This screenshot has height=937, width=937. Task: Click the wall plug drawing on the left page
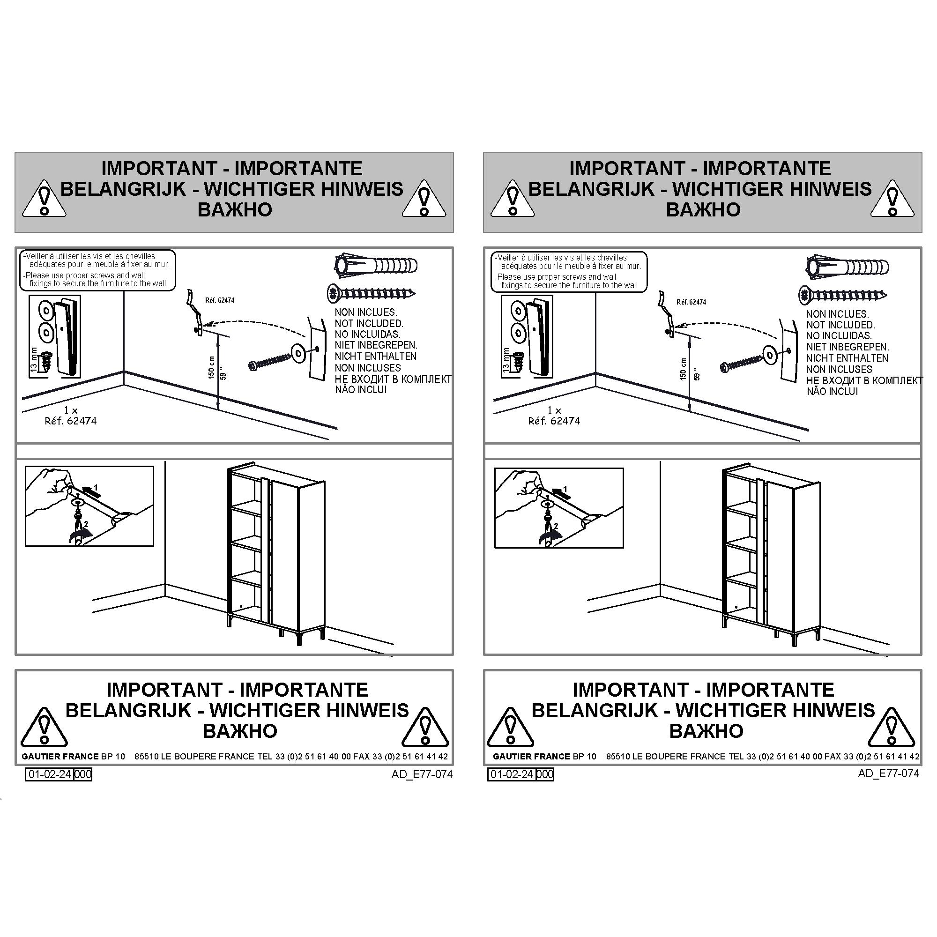tap(376, 265)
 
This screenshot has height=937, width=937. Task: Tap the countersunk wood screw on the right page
tap(843, 294)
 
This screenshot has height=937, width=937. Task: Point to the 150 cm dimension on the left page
tap(211, 368)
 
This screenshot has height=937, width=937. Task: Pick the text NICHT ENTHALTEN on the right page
tap(847, 358)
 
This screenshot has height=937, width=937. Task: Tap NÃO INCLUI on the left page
tap(361, 389)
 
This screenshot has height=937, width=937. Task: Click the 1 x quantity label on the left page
tap(71, 410)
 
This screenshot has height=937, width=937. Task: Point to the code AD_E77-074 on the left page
tap(423, 774)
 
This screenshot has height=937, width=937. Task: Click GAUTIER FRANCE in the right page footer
tap(532, 757)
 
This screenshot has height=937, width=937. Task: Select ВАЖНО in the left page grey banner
tap(235, 210)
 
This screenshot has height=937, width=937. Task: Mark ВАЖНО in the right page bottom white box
tap(706, 731)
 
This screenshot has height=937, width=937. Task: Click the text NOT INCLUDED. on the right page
tap(840, 325)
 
